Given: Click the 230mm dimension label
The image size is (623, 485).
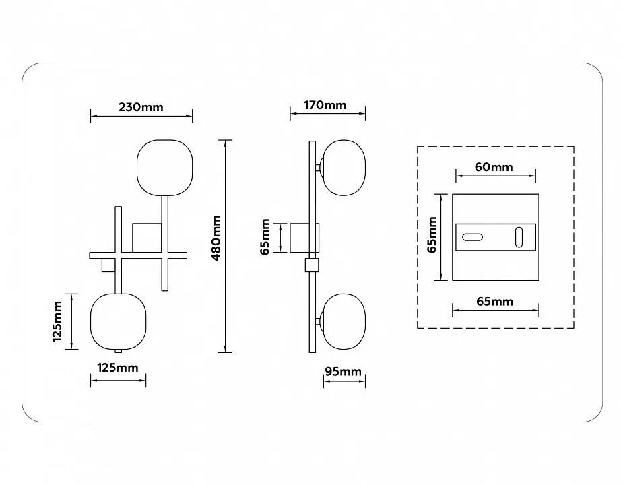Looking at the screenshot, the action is tap(141, 107).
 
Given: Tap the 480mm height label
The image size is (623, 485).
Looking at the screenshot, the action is tap(216, 238).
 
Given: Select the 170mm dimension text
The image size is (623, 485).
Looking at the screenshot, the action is tap(325, 105).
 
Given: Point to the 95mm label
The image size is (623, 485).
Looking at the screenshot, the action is tap(343, 371).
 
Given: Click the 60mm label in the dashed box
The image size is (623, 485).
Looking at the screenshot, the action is tap(494, 167).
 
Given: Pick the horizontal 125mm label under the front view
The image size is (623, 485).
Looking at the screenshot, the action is tap(118, 368).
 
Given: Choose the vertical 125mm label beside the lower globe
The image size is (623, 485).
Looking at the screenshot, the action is tap(57, 321).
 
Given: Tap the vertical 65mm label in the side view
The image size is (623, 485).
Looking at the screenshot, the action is tap(265, 236).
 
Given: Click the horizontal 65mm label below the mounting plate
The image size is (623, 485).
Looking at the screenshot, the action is tap(494, 301).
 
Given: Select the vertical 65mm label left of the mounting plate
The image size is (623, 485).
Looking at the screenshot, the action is tap(432, 234).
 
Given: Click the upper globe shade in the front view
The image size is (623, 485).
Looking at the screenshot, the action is tap(165, 168).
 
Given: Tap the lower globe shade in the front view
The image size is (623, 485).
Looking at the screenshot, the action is tap(119, 321).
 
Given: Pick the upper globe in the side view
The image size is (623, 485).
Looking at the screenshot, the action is tap(344, 168).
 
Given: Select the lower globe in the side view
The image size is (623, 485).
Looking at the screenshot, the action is tap(344, 321).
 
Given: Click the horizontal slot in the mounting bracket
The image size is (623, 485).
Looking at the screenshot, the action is tap(472, 237).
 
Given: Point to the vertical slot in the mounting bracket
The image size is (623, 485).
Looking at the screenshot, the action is tap(519, 237).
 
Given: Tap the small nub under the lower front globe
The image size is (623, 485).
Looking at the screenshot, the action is tap(118, 351).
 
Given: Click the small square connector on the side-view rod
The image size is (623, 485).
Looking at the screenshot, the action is tap(313, 265).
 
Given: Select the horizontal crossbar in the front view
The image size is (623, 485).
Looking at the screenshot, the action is tap(138, 255).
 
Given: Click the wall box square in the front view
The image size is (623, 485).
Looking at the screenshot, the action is tap(147, 238).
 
